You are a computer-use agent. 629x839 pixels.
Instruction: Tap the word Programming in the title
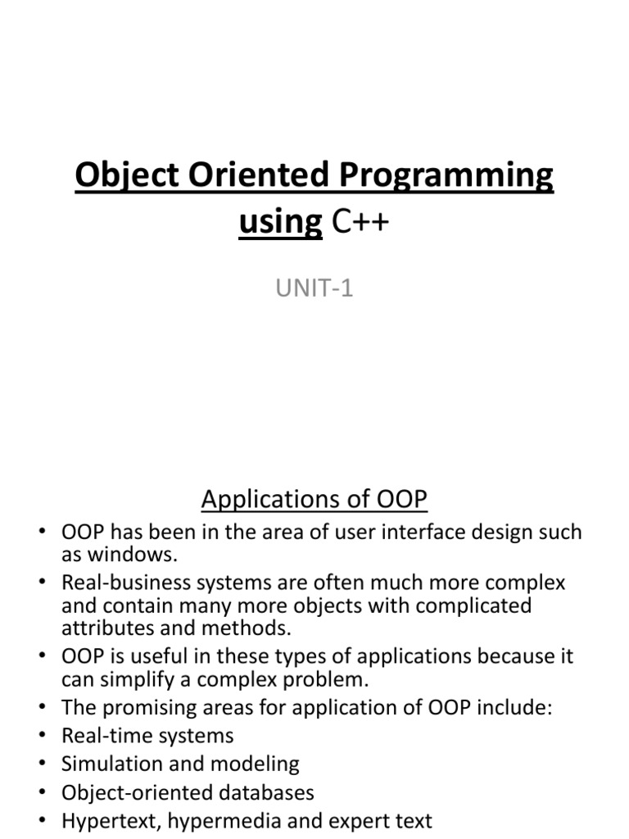(446, 177)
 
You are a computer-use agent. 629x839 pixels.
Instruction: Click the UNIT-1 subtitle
(314, 288)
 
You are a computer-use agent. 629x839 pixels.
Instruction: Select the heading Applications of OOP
(314, 499)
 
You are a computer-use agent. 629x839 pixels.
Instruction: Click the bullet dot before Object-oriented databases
(43, 793)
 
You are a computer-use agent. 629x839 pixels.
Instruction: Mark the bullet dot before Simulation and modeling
(43, 764)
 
